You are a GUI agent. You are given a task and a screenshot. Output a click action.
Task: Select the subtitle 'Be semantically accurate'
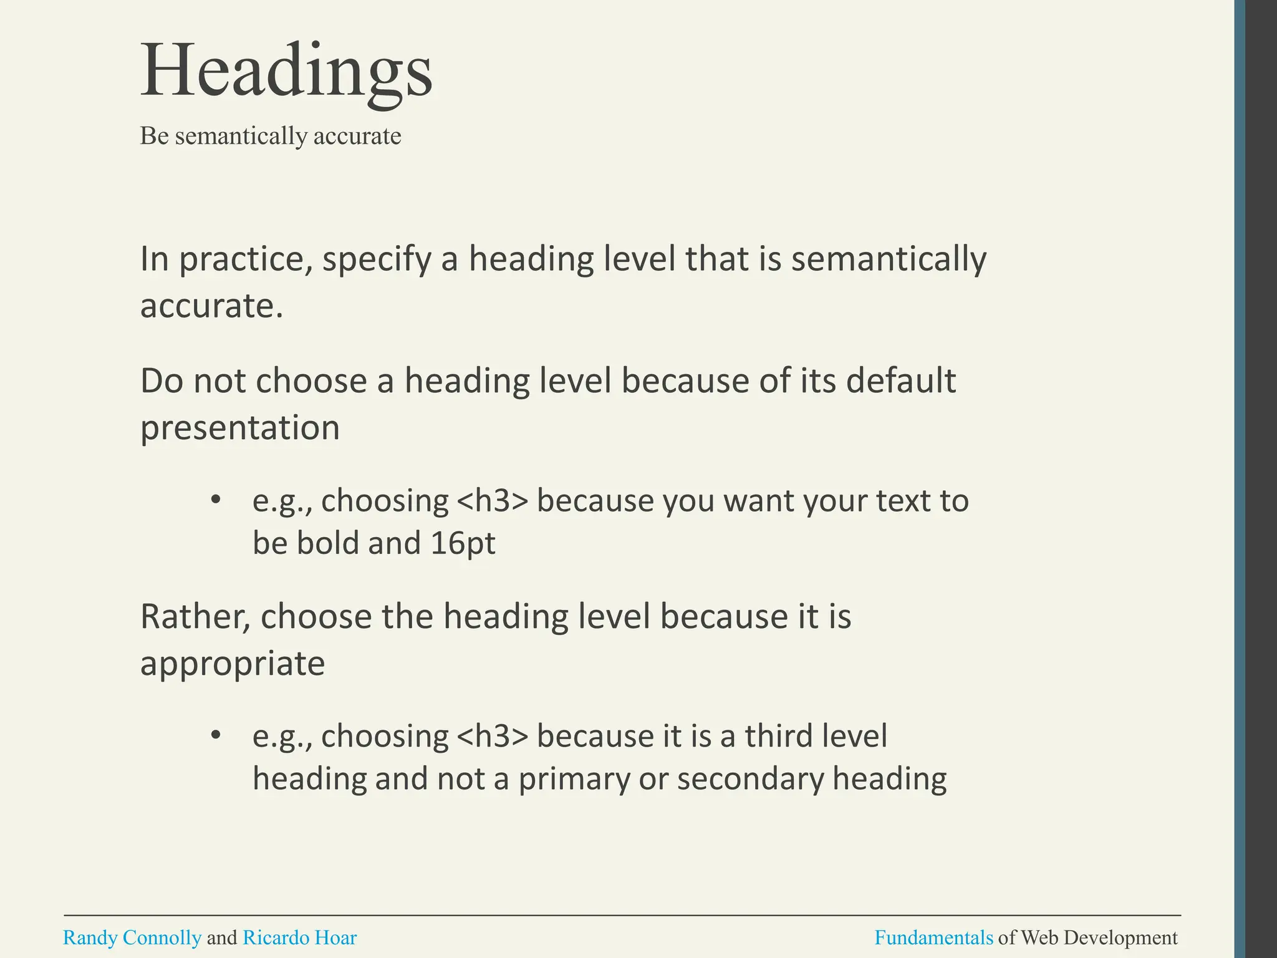pos(270,136)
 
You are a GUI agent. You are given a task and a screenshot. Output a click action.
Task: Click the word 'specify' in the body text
pos(377,259)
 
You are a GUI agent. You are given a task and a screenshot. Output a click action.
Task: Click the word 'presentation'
pos(240,428)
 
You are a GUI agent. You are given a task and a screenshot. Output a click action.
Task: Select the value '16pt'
pos(463,543)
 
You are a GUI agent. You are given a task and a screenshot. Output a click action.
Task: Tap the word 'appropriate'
pos(233,664)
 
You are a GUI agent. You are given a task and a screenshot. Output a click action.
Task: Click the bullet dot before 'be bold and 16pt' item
pos(216,500)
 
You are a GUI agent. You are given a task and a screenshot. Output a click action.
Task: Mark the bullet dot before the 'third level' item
pos(216,735)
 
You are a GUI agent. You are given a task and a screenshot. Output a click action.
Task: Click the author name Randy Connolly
pos(132,937)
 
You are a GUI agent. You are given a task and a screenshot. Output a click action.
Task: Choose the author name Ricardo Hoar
pos(299,937)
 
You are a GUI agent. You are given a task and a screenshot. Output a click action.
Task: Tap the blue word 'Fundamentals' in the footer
pos(933,937)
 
